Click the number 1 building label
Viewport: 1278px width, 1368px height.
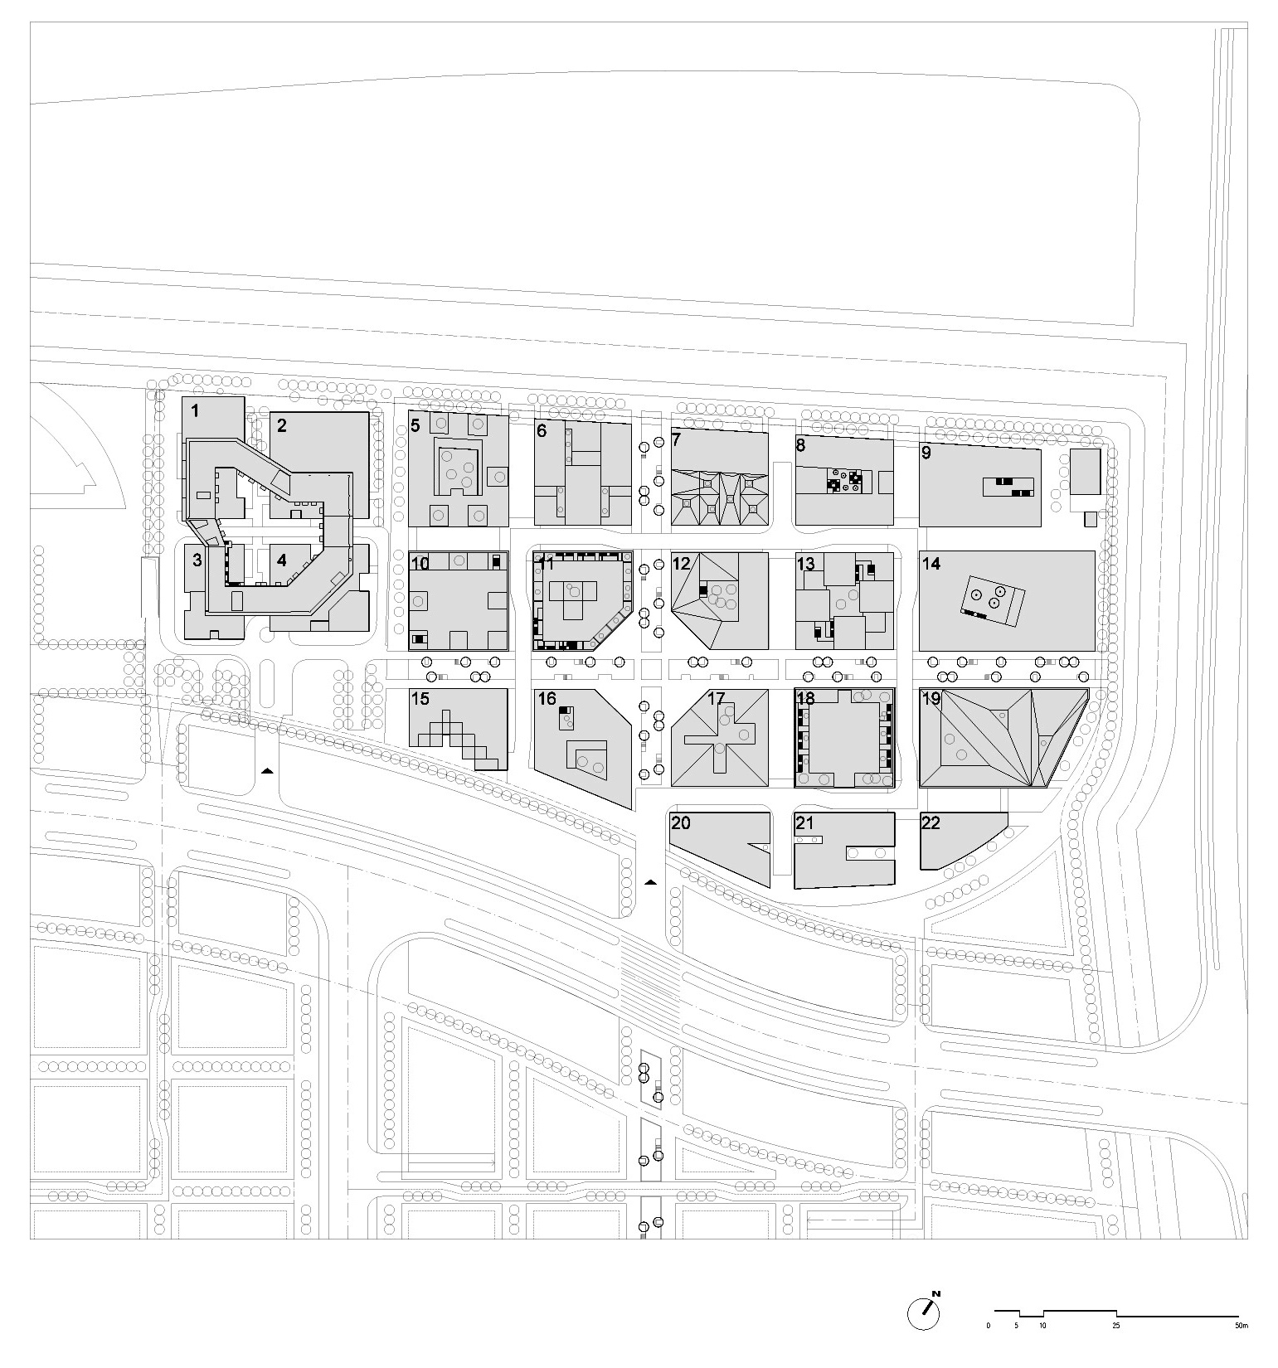195,410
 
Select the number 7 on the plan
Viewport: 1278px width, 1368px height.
676,439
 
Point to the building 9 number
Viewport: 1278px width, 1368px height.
926,453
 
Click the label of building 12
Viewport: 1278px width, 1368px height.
681,564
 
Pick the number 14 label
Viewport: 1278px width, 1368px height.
931,564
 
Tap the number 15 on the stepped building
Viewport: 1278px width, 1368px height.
420,698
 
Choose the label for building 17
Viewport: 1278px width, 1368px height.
717,698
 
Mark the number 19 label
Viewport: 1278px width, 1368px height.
931,698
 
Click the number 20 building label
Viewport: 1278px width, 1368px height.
681,823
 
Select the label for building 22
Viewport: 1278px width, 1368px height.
930,822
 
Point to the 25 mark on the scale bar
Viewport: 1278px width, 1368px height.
1115,1326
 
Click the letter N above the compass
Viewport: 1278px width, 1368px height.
936,1293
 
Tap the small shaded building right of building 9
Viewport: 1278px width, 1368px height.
1085,472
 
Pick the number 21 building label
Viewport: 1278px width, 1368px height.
804,823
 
